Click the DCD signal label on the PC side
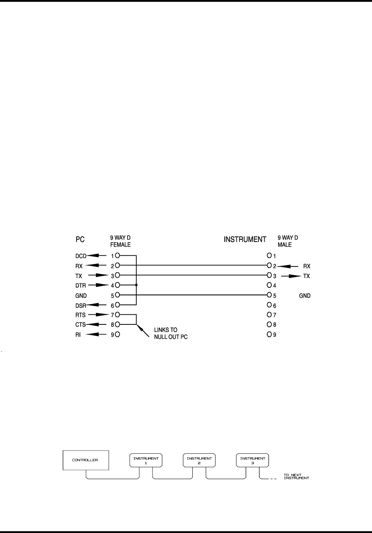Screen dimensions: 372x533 coord(81,256)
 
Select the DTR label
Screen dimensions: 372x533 coord(80,286)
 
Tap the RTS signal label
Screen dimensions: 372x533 coord(80,315)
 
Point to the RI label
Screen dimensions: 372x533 coord(77,335)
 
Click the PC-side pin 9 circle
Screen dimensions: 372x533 coord(117,335)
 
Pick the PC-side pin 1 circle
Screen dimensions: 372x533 coord(117,256)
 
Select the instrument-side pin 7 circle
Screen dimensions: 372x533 coord(269,315)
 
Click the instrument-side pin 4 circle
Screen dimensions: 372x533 coord(269,285)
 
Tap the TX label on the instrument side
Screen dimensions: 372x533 coord(307,276)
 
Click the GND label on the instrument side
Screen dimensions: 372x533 coord(305,296)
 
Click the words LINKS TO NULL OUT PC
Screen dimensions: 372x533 coord(171,333)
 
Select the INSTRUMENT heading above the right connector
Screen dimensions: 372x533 coord(245,240)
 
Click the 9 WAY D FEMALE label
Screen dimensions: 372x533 coord(120,242)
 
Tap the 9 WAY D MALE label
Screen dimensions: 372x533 coord(288,242)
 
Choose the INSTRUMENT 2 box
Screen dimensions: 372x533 coord(199,460)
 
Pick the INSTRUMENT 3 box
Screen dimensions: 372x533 coord(252,460)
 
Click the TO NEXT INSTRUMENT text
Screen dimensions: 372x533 coord(296,477)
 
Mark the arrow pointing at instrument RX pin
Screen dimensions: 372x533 coord(287,266)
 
